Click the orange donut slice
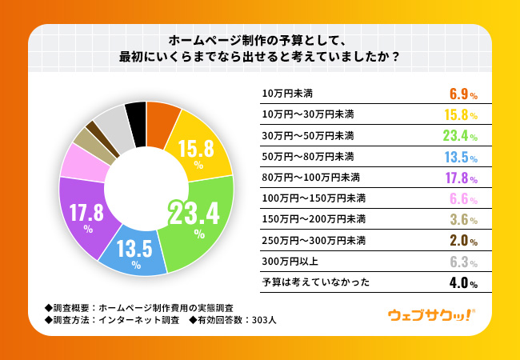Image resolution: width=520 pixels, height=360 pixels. pyautogui.click(x=162, y=118)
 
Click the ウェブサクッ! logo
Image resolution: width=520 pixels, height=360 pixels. pyautogui.click(x=430, y=315)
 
